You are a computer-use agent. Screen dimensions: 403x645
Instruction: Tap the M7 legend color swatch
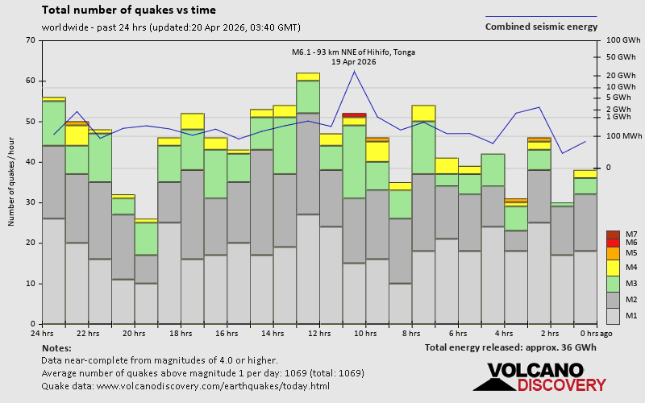(613, 235)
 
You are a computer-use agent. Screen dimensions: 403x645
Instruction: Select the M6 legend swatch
(613, 243)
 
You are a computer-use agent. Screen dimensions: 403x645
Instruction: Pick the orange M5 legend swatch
(613, 253)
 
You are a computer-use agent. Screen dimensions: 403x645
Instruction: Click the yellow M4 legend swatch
(613, 267)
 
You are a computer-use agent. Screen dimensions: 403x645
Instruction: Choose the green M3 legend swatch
(613, 284)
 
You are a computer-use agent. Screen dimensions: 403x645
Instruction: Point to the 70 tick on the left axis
(31, 40)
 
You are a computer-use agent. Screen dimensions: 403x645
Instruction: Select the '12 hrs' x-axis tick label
(319, 334)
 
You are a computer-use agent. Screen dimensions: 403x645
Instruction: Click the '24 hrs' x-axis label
(42, 334)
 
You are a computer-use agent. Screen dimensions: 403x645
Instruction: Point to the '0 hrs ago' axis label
(596, 334)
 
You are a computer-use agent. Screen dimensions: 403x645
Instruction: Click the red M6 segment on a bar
(354, 115)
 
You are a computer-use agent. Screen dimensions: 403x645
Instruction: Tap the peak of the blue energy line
(354, 71)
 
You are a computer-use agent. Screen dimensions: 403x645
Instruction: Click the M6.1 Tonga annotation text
(354, 57)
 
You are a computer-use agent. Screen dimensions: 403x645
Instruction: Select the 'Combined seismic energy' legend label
(541, 27)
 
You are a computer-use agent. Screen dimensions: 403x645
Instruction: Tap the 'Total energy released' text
(511, 347)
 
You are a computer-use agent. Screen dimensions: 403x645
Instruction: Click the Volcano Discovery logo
(540, 377)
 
